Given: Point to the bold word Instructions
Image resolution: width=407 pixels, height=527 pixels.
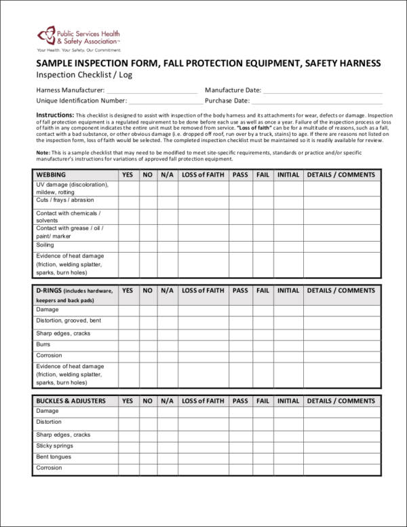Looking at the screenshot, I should coord(55,115).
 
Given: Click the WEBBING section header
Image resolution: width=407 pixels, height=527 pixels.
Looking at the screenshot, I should coord(51,175).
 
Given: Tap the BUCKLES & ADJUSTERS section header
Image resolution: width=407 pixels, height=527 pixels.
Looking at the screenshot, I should coord(71,401).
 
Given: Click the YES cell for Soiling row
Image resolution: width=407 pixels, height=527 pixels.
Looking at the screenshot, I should coord(128,245).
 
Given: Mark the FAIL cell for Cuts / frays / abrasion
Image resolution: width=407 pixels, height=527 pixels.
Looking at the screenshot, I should coord(263,202).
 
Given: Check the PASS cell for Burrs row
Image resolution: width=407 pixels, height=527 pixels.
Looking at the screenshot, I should coord(240,345).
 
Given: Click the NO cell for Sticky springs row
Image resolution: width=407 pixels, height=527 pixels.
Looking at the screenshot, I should coord(148,446).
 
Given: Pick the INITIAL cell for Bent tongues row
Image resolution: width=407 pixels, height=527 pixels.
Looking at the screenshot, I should coord(288,457).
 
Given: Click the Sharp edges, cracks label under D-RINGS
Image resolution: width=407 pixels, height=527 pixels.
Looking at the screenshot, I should coord(63,333).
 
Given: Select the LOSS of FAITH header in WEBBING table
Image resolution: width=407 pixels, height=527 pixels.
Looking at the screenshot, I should coord(203,175).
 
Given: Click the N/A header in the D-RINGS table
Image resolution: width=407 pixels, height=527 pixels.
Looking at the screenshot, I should coord(168,290).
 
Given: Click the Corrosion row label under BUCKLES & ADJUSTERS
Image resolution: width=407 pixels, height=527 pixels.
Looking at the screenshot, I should coord(49,468).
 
